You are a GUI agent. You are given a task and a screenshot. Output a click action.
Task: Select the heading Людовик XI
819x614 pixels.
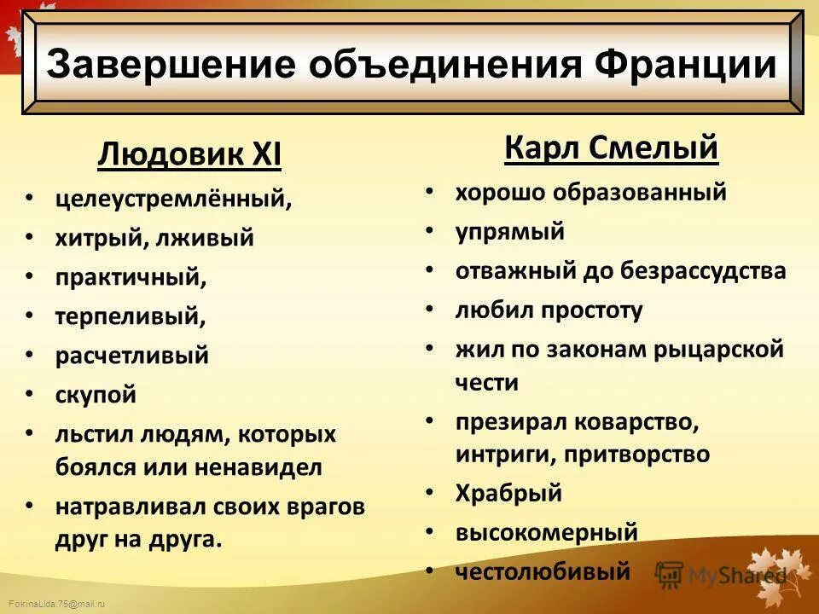click(x=189, y=156)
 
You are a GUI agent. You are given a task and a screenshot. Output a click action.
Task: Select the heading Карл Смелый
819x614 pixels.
click(x=611, y=149)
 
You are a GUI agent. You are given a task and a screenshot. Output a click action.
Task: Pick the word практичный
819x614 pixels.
click(x=131, y=278)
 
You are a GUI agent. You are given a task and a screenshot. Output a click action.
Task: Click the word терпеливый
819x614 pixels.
click(x=130, y=317)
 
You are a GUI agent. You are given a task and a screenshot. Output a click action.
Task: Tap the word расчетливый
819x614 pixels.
click(x=131, y=356)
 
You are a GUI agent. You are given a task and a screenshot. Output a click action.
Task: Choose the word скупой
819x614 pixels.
click(x=96, y=395)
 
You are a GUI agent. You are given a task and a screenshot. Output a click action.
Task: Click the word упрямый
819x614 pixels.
click(x=509, y=232)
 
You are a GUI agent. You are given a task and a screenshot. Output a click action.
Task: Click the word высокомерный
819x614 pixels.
click(x=546, y=533)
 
